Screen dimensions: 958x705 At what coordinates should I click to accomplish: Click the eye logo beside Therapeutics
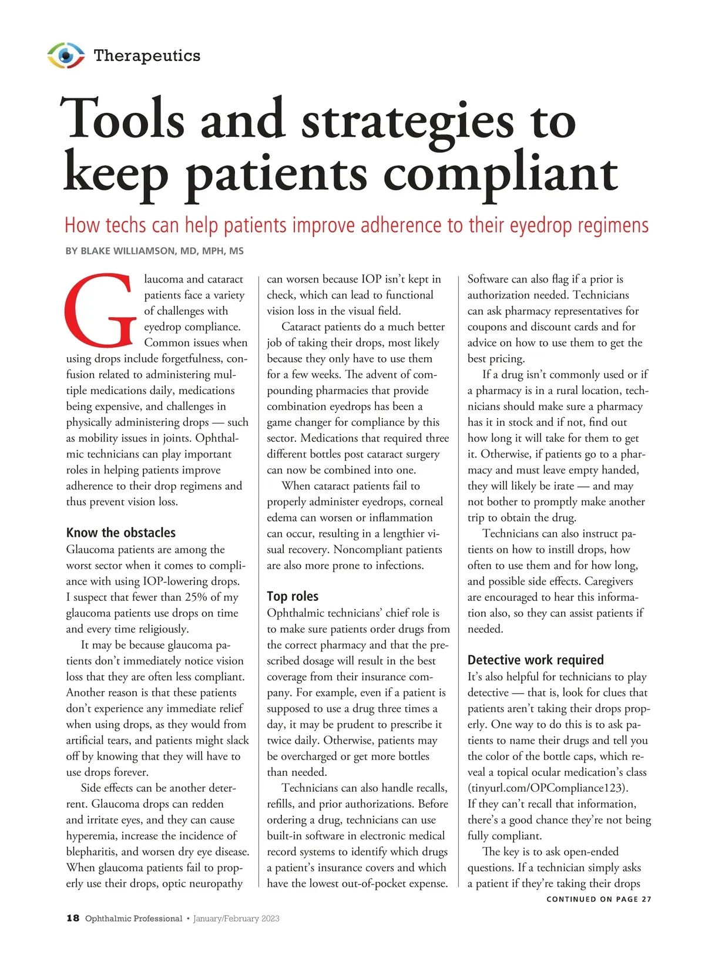[x=66, y=55]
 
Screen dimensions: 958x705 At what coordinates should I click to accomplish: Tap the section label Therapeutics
[x=147, y=56]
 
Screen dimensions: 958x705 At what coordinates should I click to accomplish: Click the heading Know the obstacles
[x=121, y=533]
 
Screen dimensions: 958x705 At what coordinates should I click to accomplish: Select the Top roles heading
[x=293, y=596]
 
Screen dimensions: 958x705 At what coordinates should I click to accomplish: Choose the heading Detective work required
[x=536, y=660]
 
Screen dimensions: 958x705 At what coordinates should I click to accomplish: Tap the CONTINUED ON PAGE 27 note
[x=599, y=899]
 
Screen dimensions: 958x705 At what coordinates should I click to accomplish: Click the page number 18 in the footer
[x=73, y=919]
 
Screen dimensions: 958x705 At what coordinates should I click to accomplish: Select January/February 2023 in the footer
[x=236, y=919]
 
